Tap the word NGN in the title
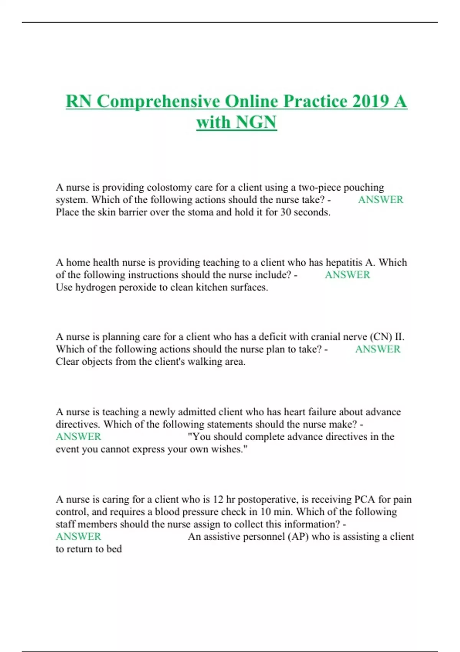[256, 122]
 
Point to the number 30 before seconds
[286, 212]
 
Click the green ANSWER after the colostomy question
[380, 200]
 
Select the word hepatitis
[344, 263]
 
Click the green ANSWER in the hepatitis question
[347, 275]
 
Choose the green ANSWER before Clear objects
[378, 349]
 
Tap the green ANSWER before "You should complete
[79, 437]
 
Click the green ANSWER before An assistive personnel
[79, 537]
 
